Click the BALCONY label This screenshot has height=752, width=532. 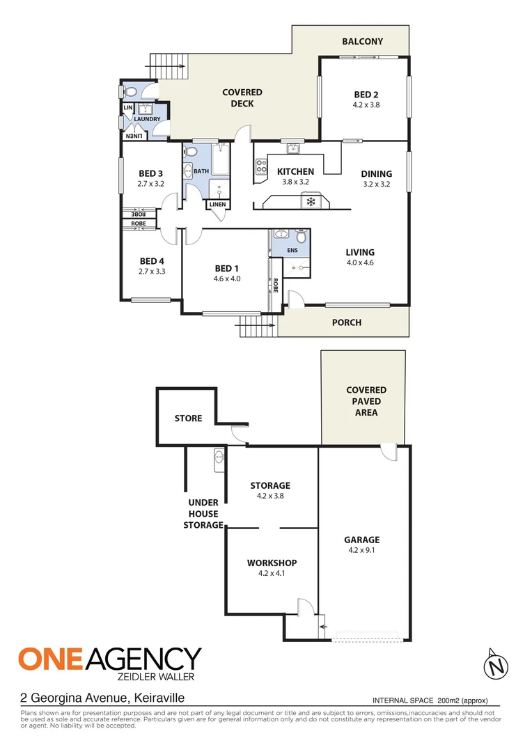point(362,42)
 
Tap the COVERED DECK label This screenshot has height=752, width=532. point(242,98)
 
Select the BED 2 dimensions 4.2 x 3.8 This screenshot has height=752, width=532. point(366,105)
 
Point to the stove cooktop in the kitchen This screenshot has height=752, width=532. point(262,166)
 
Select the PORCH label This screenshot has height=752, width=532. point(346,322)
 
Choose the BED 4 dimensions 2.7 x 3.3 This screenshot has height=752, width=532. point(152,272)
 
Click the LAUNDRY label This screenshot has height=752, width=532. point(148,119)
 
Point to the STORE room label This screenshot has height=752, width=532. point(188,418)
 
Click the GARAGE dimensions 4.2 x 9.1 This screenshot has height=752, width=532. point(361,550)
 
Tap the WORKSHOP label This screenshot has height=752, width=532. point(272,563)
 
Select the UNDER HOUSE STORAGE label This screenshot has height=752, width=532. point(203,514)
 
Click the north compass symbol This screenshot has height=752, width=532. point(495,665)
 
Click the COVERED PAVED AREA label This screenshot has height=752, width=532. point(366,402)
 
